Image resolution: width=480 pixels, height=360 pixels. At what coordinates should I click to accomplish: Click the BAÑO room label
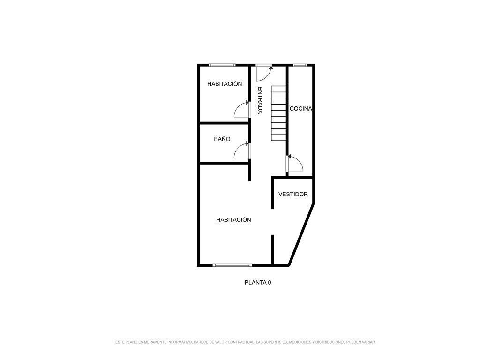[x=222, y=139]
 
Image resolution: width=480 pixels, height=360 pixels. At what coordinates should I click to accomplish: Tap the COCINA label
[x=301, y=108]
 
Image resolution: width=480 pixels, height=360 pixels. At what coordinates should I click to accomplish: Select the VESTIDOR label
[x=293, y=194]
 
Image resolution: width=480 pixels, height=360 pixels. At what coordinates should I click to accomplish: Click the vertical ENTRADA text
[x=260, y=100]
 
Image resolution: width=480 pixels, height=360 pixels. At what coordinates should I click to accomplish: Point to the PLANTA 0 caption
[x=258, y=283]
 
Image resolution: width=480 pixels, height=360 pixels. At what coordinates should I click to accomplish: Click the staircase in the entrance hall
[x=278, y=113]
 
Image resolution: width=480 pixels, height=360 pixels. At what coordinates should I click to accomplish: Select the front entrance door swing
[x=263, y=73]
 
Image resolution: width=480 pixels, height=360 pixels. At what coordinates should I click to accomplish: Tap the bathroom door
[x=242, y=150]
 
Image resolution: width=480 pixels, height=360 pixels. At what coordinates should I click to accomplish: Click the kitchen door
[x=295, y=163]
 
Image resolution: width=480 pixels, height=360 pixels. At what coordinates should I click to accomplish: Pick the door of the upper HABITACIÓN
[x=242, y=109]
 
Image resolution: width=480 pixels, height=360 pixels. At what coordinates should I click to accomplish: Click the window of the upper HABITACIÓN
[x=222, y=65]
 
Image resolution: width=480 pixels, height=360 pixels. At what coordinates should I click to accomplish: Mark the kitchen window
[x=300, y=65]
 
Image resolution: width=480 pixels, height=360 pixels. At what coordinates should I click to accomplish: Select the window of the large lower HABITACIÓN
[x=232, y=265]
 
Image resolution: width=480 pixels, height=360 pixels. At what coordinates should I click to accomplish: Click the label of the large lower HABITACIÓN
[x=233, y=219]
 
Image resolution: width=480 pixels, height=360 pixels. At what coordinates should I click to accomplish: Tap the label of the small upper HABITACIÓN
[x=225, y=84]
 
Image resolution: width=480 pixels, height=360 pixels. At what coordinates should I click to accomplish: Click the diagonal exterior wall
[x=301, y=234]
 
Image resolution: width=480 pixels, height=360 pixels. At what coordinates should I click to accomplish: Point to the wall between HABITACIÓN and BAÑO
[x=224, y=123]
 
